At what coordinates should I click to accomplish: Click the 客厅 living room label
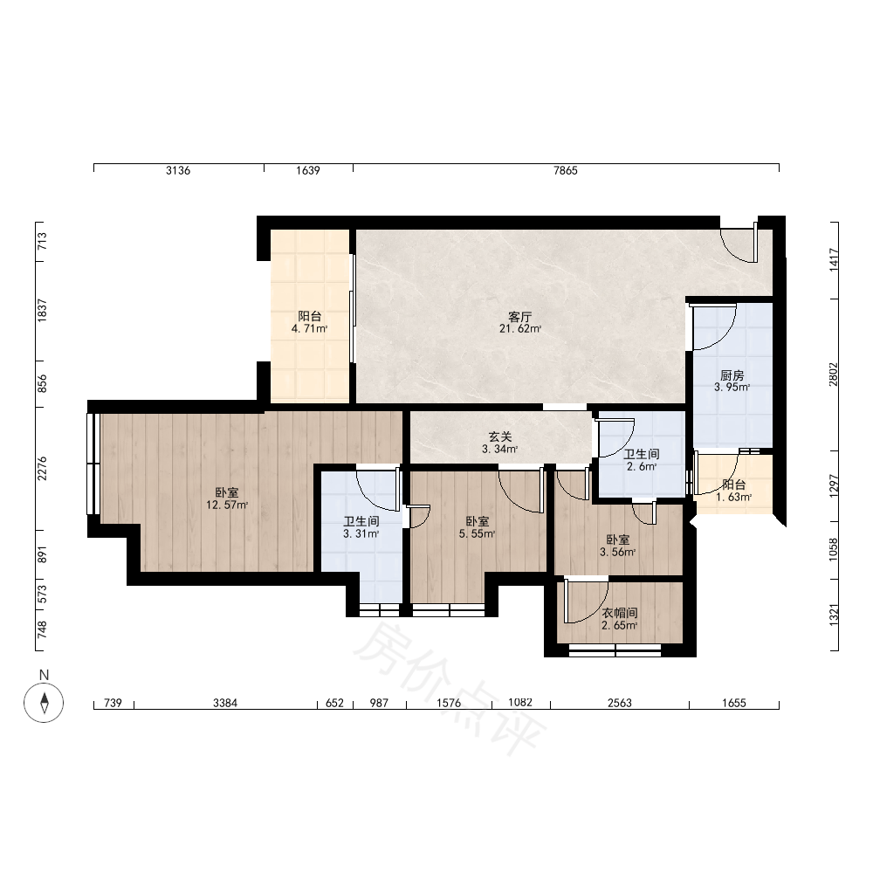point(520,317)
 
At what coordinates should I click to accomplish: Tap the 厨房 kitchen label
point(732,375)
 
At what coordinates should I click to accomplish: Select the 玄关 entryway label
point(500,437)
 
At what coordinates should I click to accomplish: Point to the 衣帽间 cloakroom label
point(620,613)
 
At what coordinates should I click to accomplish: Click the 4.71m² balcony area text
point(310,328)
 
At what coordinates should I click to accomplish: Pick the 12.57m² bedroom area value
point(227,505)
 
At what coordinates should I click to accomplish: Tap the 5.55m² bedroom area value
point(478,533)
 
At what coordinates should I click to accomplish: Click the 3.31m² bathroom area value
point(361,533)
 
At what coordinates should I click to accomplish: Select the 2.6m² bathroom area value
point(642,466)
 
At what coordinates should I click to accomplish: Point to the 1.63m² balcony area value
point(734,497)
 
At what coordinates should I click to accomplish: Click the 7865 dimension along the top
point(566,170)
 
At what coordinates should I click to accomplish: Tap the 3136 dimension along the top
point(178,170)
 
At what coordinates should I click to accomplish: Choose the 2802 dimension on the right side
point(833,375)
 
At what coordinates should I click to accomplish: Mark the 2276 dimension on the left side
point(42,469)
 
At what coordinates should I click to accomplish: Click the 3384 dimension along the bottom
point(225,703)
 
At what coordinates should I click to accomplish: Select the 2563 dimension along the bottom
point(620,703)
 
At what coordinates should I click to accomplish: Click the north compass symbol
point(44,703)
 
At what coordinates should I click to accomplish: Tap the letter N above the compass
point(44,675)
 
